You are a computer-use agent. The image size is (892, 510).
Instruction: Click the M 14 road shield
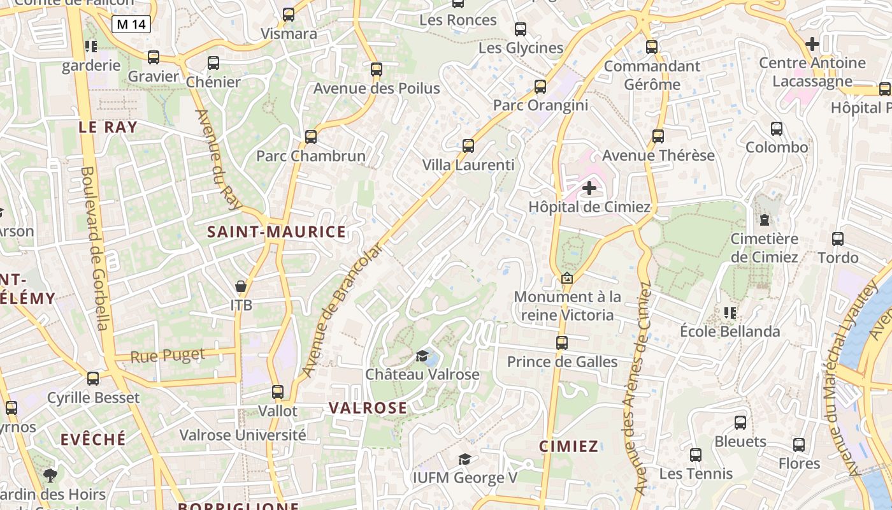(x=131, y=24)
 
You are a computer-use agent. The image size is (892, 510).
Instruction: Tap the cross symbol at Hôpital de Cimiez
(x=589, y=188)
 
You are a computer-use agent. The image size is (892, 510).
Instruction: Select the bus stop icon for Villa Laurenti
(x=468, y=146)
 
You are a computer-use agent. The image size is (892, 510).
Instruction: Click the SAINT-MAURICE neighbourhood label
(x=277, y=232)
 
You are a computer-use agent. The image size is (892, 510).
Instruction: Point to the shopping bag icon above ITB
(x=241, y=287)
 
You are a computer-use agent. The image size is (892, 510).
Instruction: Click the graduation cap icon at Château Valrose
(x=422, y=355)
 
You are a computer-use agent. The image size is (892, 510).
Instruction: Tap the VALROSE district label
(x=368, y=408)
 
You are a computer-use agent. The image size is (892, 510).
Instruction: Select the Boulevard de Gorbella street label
(x=93, y=249)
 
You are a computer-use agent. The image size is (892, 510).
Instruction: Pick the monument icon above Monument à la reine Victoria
(x=566, y=278)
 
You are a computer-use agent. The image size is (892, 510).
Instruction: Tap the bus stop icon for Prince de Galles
(x=561, y=343)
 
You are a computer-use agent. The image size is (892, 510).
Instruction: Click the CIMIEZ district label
(x=569, y=446)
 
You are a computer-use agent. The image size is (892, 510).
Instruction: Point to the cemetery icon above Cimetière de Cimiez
(x=764, y=220)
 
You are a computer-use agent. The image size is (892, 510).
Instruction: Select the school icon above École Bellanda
(x=730, y=313)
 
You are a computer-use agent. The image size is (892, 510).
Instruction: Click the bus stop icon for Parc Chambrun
(x=311, y=136)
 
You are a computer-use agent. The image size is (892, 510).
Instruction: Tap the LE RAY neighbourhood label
(x=108, y=127)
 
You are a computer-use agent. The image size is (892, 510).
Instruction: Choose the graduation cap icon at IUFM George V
(x=465, y=459)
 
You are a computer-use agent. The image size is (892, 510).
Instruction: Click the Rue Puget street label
(x=168, y=356)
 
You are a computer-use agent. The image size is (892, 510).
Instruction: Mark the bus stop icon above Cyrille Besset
(x=93, y=379)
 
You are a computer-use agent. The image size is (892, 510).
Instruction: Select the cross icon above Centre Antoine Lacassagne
(x=812, y=44)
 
